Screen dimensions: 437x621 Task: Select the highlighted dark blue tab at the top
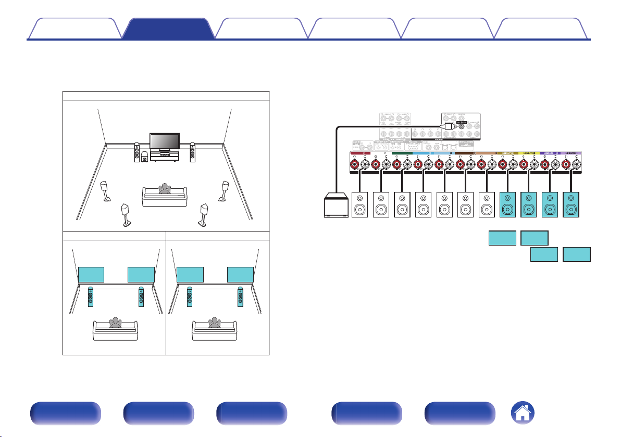(168, 29)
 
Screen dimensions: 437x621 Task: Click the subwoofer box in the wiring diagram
(336, 205)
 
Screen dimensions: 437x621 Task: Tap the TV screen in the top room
(165, 141)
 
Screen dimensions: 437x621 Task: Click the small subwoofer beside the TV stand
(144, 156)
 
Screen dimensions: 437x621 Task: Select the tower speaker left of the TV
(136, 151)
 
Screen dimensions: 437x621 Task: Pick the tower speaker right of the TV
(193, 151)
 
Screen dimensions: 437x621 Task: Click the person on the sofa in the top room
(165, 188)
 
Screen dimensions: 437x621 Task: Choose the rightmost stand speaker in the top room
(226, 190)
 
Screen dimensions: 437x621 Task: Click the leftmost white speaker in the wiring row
(361, 205)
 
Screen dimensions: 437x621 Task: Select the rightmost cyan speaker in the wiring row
(571, 205)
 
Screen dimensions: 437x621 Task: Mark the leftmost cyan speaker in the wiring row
(508, 205)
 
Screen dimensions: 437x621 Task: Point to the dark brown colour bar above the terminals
(465, 153)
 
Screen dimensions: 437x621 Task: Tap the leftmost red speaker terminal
(355, 165)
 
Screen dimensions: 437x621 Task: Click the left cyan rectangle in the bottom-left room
(92, 274)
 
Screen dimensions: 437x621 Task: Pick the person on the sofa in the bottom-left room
(114, 324)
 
